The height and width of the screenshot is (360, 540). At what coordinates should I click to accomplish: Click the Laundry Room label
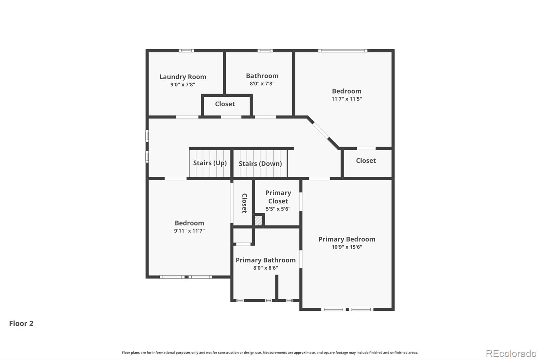[183, 77]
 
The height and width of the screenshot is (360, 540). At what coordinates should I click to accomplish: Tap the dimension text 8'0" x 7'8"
[262, 84]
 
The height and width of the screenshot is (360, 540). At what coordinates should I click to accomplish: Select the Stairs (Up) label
[210, 163]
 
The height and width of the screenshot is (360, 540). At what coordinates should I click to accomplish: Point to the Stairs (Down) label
[260, 164]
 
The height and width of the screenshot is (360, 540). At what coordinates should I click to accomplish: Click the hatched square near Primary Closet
[258, 221]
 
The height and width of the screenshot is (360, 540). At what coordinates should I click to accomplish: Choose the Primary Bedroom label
[347, 239]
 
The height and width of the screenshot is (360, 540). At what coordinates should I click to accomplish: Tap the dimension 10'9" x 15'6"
[347, 247]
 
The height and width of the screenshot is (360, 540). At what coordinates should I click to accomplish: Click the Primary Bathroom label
[265, 260]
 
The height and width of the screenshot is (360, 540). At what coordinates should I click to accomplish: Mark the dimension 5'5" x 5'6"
[278, 209]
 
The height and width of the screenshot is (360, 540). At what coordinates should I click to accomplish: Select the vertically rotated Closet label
[244, 203]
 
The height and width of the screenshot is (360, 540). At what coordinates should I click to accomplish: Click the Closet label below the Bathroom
[225, 104]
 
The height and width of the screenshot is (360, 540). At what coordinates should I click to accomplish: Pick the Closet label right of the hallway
[366, 161]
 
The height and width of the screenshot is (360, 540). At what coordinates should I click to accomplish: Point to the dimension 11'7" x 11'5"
[347, 99]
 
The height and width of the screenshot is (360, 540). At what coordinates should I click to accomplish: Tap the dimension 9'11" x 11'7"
[189, 231]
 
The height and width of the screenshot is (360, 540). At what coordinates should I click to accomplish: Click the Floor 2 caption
[21, 324]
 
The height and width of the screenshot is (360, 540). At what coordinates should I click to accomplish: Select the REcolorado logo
[511, 354]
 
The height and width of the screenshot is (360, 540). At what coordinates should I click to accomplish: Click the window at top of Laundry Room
[186, 51]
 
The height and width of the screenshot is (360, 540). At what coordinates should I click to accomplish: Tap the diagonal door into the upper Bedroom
[321, 130]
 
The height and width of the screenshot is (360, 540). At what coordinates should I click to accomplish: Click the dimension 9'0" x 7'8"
[183, 85]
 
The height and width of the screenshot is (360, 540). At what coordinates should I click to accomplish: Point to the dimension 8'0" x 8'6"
[265, 268]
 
